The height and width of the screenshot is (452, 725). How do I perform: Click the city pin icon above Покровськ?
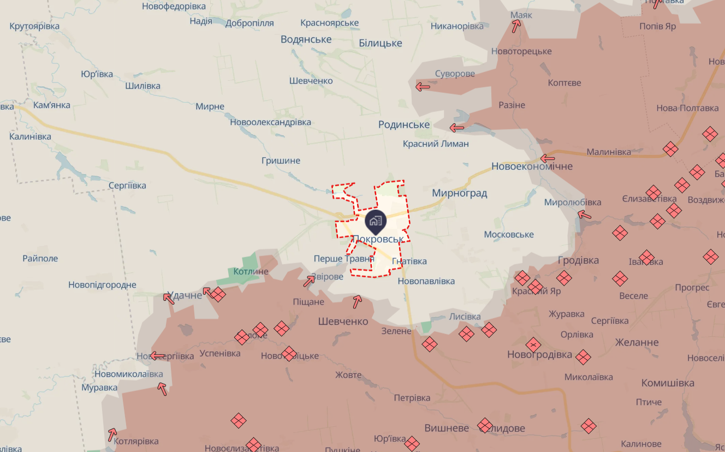(375, 221)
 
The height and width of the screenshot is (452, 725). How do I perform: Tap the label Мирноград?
(459, 193)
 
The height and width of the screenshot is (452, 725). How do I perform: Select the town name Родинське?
(404, 124)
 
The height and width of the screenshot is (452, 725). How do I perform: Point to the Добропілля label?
(249, 23)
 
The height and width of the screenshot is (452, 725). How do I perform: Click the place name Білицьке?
(380, 43)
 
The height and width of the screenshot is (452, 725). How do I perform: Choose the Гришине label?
(281, 160)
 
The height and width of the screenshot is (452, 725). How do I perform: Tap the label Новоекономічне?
(532, 166)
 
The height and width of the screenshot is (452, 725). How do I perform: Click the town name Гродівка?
(578, 260)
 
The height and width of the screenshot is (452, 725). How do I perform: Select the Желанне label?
(637, 342)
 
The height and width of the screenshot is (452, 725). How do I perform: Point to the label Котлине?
(251, 271)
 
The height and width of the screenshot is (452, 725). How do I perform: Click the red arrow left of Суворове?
(423, 86)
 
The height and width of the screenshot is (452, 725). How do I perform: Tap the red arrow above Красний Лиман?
(456, 128)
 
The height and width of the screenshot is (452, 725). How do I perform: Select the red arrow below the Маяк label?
(516, 27)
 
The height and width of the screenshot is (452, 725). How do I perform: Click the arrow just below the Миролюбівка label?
(584, 215)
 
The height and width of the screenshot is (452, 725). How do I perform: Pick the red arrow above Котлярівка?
(112, 435)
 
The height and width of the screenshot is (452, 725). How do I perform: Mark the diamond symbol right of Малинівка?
(670, 149)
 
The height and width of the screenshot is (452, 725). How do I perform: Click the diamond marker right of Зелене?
(430, 344)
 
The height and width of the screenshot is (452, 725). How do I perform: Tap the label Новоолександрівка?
(270, 122)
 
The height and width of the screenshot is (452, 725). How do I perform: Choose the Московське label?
(509, 234)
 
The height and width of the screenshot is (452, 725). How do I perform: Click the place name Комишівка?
(668, 383)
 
